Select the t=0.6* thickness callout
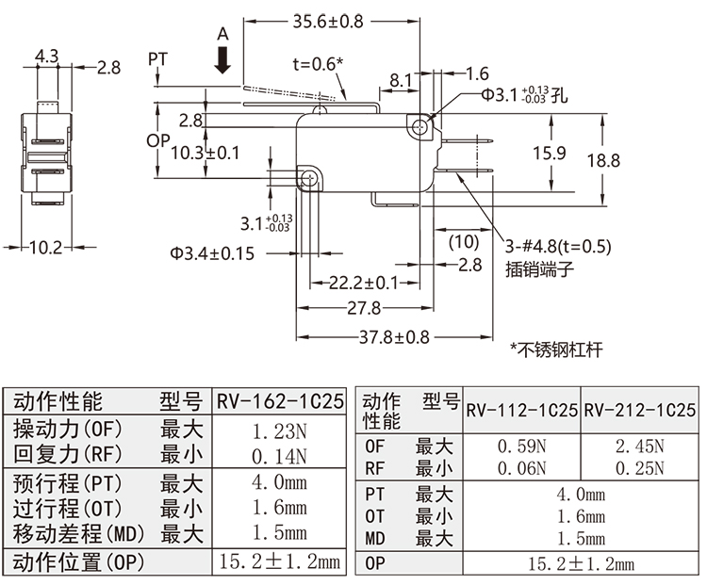tap(318, 64)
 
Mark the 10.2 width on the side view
tap(45, 248)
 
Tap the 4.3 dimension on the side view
tap(46, 57)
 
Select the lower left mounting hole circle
tap(308, 177)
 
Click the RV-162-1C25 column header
tap(280, 402)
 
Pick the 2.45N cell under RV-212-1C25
tap(639, 445)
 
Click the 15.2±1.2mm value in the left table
tap(280, 563)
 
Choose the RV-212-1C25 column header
tap(639, 411)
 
